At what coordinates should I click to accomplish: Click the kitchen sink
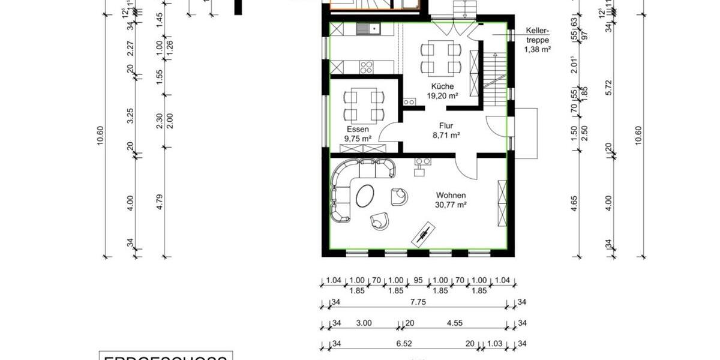pos(367,28)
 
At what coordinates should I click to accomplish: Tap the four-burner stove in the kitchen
pos(367,67)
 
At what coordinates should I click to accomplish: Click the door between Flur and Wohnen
pos(466,164)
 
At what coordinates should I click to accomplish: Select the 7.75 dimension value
pos(418,303)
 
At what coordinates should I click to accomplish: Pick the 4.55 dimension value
pos(454,323)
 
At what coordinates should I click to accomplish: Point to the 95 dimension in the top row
pos(418,280)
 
